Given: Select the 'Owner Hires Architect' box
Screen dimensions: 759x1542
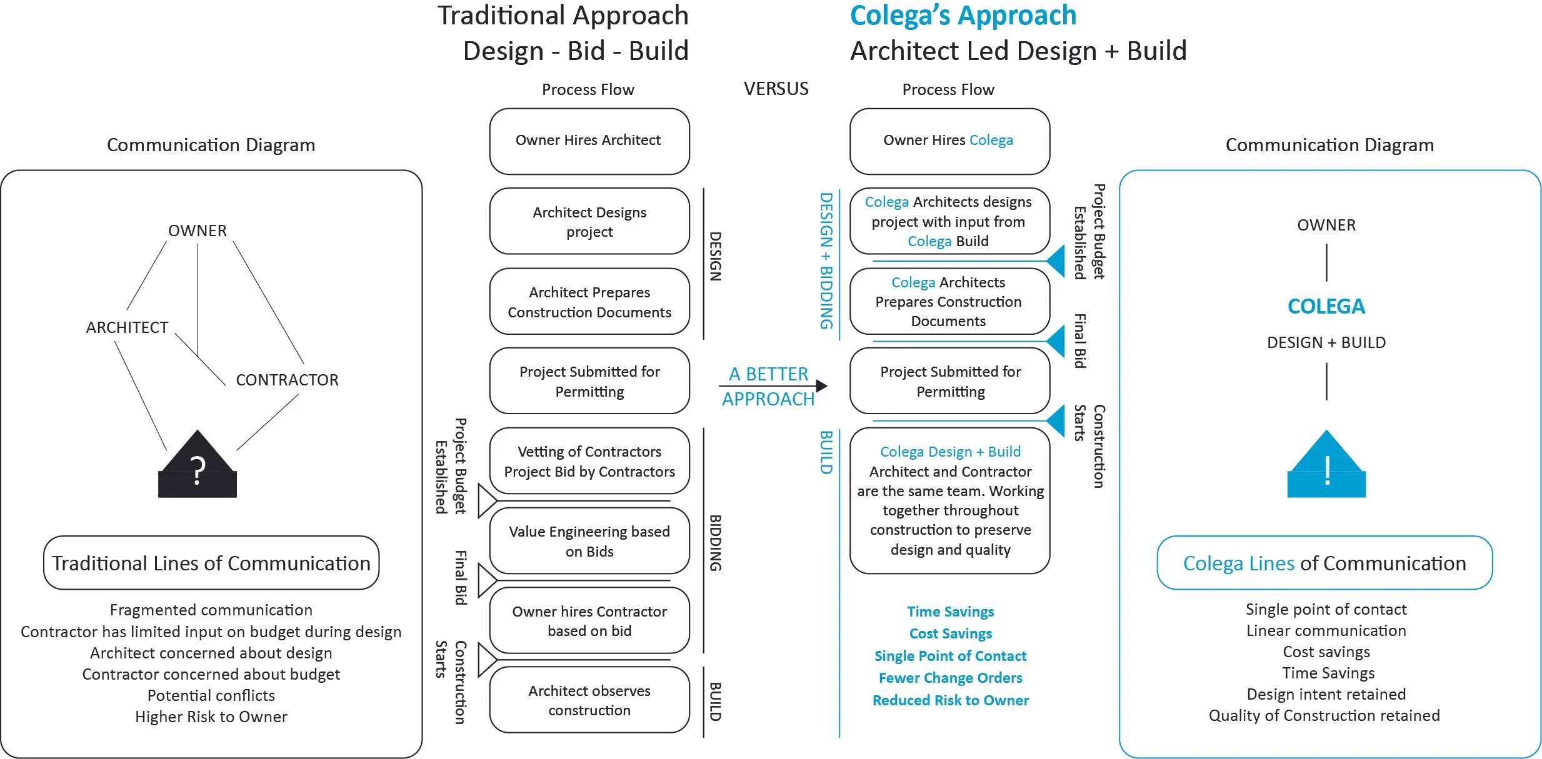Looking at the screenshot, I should click(589, 141).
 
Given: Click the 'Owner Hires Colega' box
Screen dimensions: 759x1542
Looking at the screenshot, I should click(949, 141).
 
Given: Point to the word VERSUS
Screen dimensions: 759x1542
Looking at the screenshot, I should click(776, 89).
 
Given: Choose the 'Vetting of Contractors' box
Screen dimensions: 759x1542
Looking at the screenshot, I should click(589, 461).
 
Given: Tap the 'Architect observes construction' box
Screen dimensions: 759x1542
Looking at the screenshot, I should click(589, 700).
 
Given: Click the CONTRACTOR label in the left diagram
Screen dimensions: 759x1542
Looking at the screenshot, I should click(287, 380).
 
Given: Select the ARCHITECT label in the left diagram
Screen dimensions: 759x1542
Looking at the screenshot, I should click(127, 327).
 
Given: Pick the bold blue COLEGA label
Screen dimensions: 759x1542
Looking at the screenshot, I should click(1326, 306).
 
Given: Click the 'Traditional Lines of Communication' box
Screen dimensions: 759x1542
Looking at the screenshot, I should click(211, 563).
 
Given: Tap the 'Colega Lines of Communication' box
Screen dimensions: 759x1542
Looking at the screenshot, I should click(1324, 563).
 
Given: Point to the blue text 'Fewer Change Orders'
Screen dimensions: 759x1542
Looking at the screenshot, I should click(950, 678).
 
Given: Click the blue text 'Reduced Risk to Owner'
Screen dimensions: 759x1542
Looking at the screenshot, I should click(950, 700).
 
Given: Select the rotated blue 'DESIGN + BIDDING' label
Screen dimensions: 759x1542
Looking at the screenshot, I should click(826, 260).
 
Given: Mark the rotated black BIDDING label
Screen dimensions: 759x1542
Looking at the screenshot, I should click(715, 543).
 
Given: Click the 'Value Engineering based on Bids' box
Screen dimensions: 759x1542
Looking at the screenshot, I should click(589, 541).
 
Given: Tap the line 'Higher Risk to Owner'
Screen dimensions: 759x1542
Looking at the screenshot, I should click(211, 717).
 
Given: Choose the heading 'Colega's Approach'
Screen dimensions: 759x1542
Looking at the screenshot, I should click(963, 16).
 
